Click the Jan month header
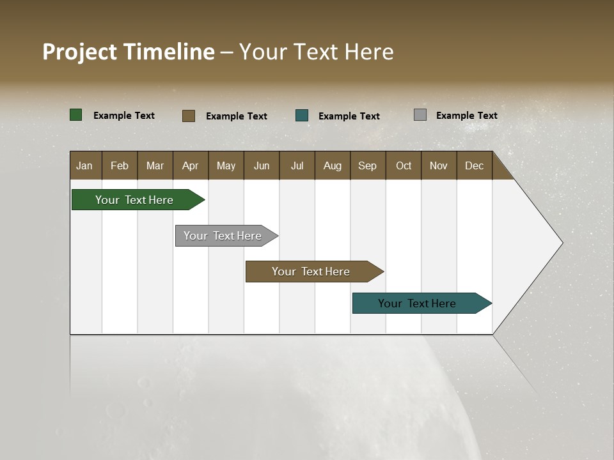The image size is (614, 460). click(x=84, y=165)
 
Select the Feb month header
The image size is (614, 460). click(x=120, y=165)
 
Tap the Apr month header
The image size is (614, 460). click(x=190, y=165)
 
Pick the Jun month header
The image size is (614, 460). click(x=262, y=165)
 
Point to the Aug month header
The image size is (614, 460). click(x=332, y=165)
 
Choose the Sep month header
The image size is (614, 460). click(x=367, y=165)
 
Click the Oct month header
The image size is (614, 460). click(x=404, y=165)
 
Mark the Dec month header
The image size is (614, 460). click(x=474, y=165)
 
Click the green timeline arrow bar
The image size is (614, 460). click(x=135, y=200)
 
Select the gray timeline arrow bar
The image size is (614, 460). click(x=223, y=236)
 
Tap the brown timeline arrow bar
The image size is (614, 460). click(x=311, y=272)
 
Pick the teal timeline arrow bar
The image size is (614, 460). click(x=417, y=303)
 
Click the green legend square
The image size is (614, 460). click(x=76, y=115)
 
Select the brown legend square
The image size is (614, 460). click(x=189, y=116)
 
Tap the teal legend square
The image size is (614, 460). click(x=302, y=116)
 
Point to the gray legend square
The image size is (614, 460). click(x=420, y=115)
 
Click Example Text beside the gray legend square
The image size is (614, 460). click(x=466, y=116)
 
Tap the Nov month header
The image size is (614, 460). click(x=438, y=165)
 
